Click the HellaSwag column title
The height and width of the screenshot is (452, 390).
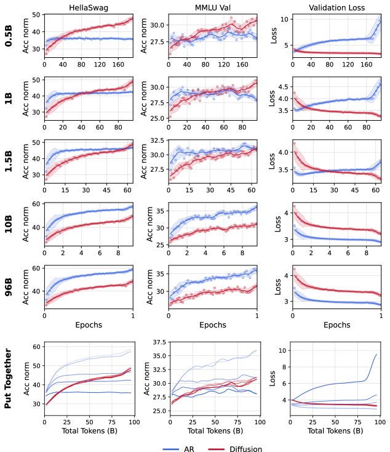coord(89,7)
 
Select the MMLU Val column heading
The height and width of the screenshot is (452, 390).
coord(213,7)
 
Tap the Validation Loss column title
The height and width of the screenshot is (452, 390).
coord(336,7)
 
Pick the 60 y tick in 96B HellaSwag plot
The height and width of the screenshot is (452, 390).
coord(36,268)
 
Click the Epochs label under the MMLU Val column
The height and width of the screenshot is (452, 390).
coord(213,325)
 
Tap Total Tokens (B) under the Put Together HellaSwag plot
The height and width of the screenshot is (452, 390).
coord(89,430)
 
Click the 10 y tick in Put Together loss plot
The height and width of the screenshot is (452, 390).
coord(282,350)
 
